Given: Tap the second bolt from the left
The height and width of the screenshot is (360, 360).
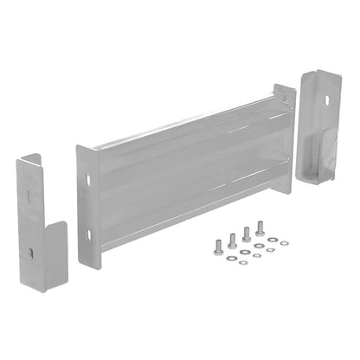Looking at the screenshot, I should tap(231, 241).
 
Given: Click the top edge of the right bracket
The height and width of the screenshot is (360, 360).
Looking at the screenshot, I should tap(319, 74).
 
